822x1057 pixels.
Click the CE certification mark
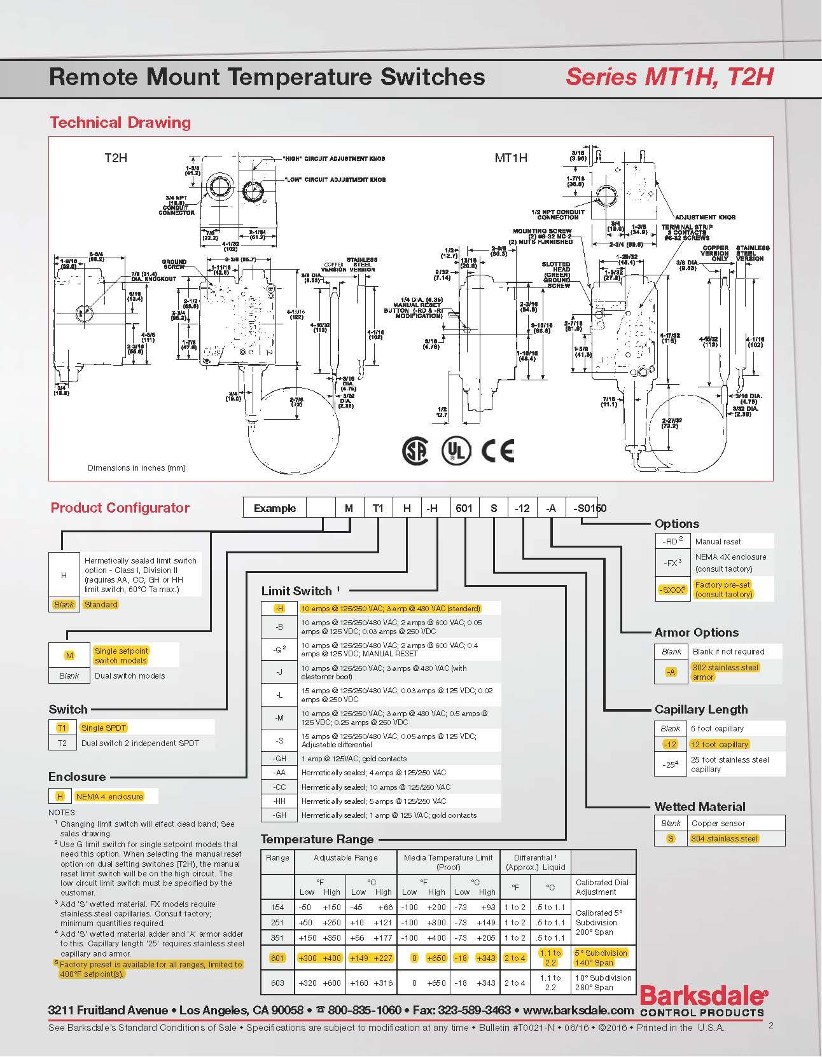[x=498, y=450]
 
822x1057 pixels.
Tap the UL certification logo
[x=456, y=450]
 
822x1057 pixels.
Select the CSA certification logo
[x=415, y=450]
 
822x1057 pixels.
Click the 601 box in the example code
[x=464, y=508]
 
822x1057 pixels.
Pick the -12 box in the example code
[x=522, y=508]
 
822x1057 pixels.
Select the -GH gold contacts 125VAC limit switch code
[x=280, y=758]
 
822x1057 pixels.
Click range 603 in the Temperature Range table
[x=277, y=983]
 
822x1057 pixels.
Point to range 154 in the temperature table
[x=277, y=907]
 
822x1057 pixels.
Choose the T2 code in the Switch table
[x=62, y=743]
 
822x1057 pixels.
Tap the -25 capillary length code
[x=671, y=764]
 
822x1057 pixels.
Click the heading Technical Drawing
[x=120, y=122]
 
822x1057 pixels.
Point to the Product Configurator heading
[x=120, y=508]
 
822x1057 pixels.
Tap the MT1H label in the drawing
[x=511, y=157]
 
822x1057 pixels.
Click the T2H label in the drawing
[x=116, y=157]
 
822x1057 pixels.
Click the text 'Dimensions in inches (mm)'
[x=136, y=467]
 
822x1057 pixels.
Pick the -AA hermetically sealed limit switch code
[x=280, y=773]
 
